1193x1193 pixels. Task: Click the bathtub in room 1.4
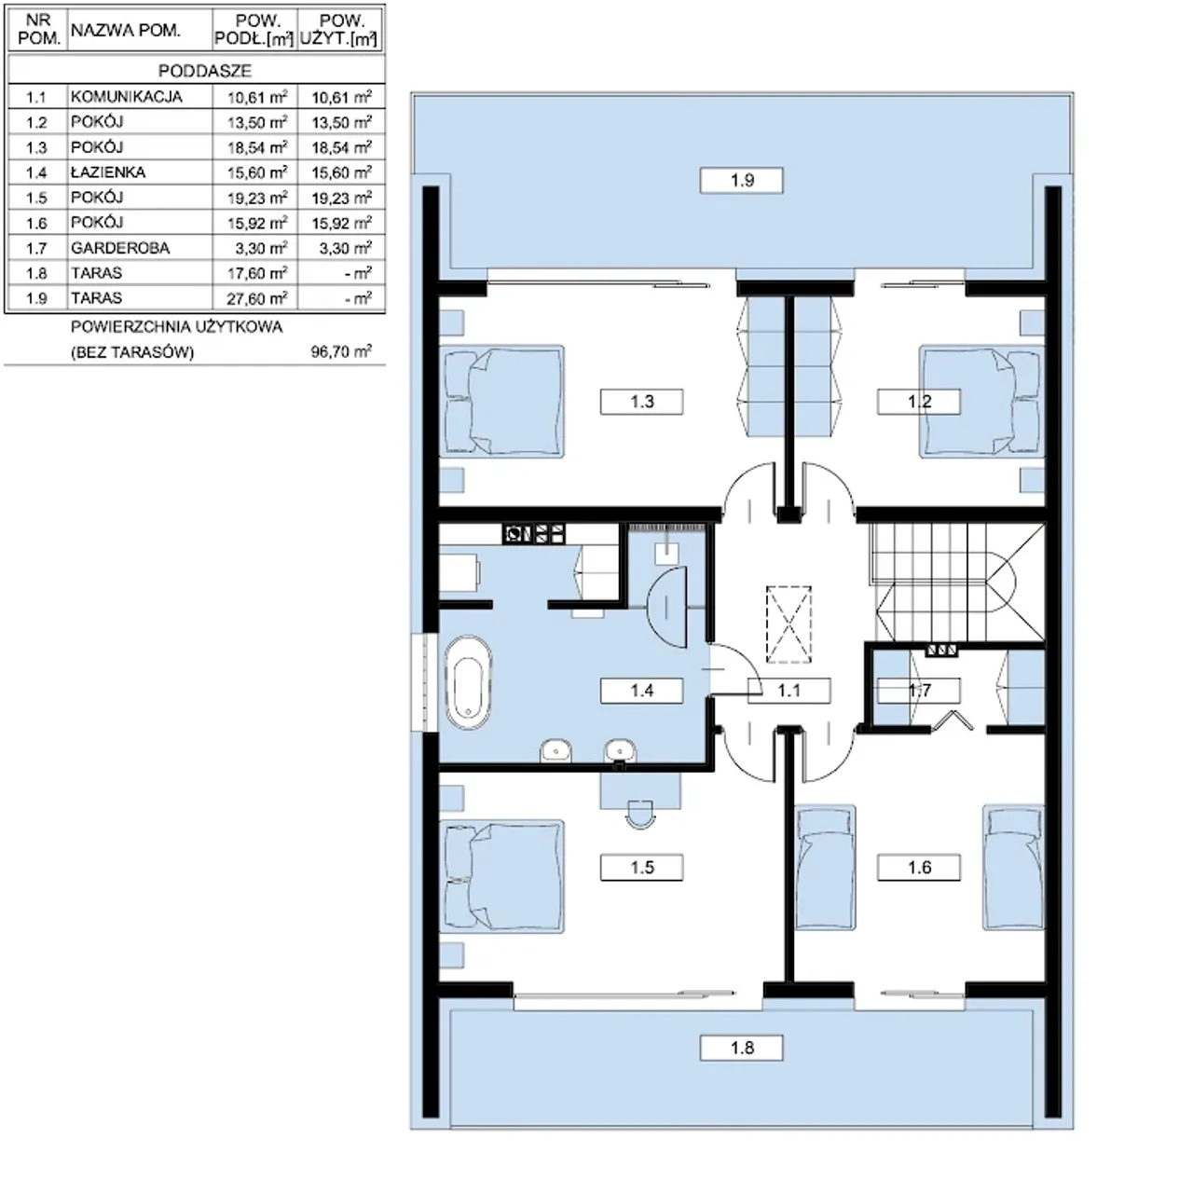(x=468, y=683)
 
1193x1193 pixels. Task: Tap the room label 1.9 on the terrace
(x=742, y=180)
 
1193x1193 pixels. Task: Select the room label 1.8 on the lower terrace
(x=742, y=1049)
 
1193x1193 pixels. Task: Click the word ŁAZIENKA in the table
(x=108, y=172)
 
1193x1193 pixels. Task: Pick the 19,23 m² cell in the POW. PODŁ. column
(x=257, y=198)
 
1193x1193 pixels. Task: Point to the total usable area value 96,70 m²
(x=341, y=351)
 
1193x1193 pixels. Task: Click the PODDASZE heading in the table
(x=205, y=71)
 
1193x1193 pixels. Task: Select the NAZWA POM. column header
(x=126, y=30)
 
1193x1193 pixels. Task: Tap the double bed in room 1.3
(x=502, y=402)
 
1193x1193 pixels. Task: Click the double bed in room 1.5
(x=502, y=877)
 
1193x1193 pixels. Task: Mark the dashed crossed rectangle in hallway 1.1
(x=788, y=624)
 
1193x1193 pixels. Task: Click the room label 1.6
(x=919, y=868)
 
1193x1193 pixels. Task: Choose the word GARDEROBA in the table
(x=120, y=248)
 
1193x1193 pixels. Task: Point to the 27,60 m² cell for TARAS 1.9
(x=257, y=298)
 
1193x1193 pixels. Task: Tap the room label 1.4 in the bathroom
(x=642, y=691)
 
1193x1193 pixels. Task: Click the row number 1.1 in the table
(x=36, y=97)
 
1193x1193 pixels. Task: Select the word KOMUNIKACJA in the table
(x=127, y=97)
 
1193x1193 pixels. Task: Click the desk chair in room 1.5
(x=640, y=814)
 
